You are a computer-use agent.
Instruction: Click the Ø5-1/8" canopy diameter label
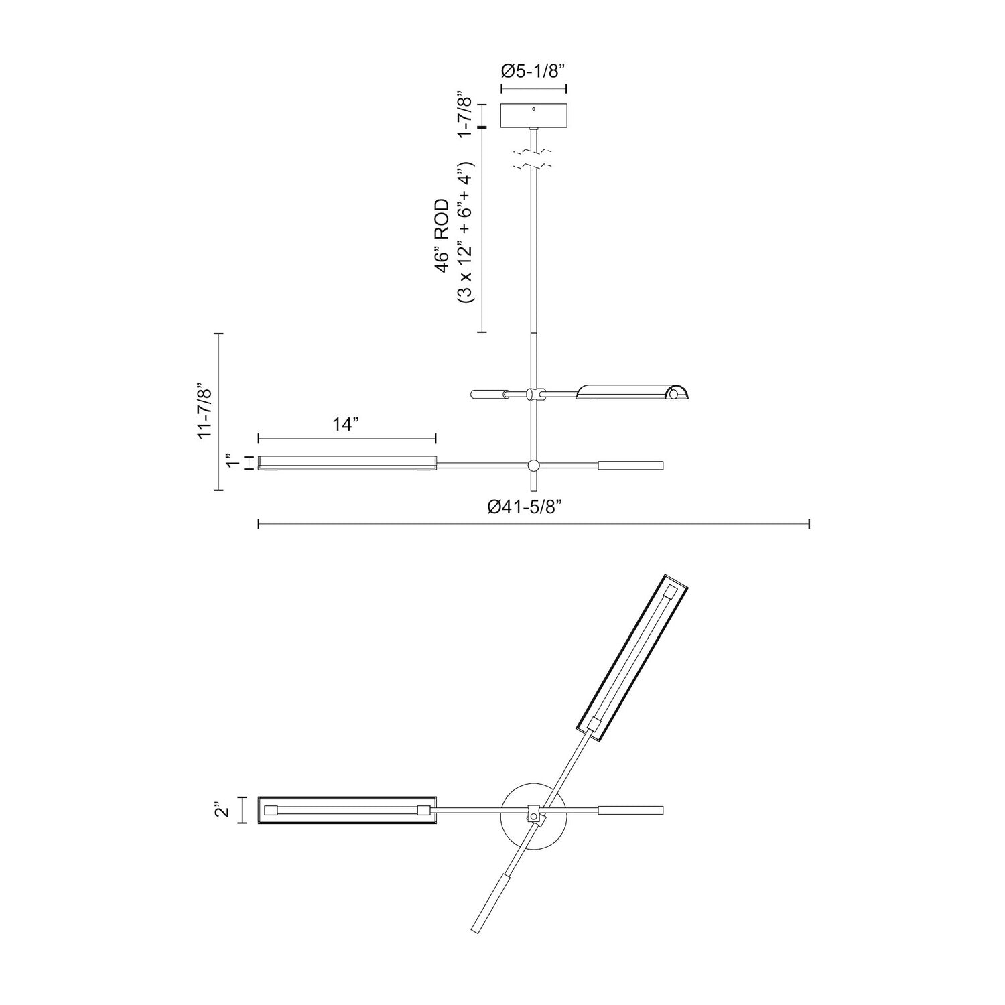point(534,72)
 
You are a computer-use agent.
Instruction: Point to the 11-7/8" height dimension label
point(205,411)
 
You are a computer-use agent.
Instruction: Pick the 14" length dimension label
point(346,425)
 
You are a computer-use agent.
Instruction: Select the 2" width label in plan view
point(223,810)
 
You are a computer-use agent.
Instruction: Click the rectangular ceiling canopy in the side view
point(534,116)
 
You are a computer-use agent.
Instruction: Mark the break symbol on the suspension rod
point(533,158)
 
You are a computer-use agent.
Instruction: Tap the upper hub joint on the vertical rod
point(533,395)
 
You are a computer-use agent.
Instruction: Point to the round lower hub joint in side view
point(533,466)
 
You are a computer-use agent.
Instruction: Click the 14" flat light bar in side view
point(347,464)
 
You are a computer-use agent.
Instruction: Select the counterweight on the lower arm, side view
point(630,466)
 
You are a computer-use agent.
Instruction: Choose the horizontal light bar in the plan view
point(347,810)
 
